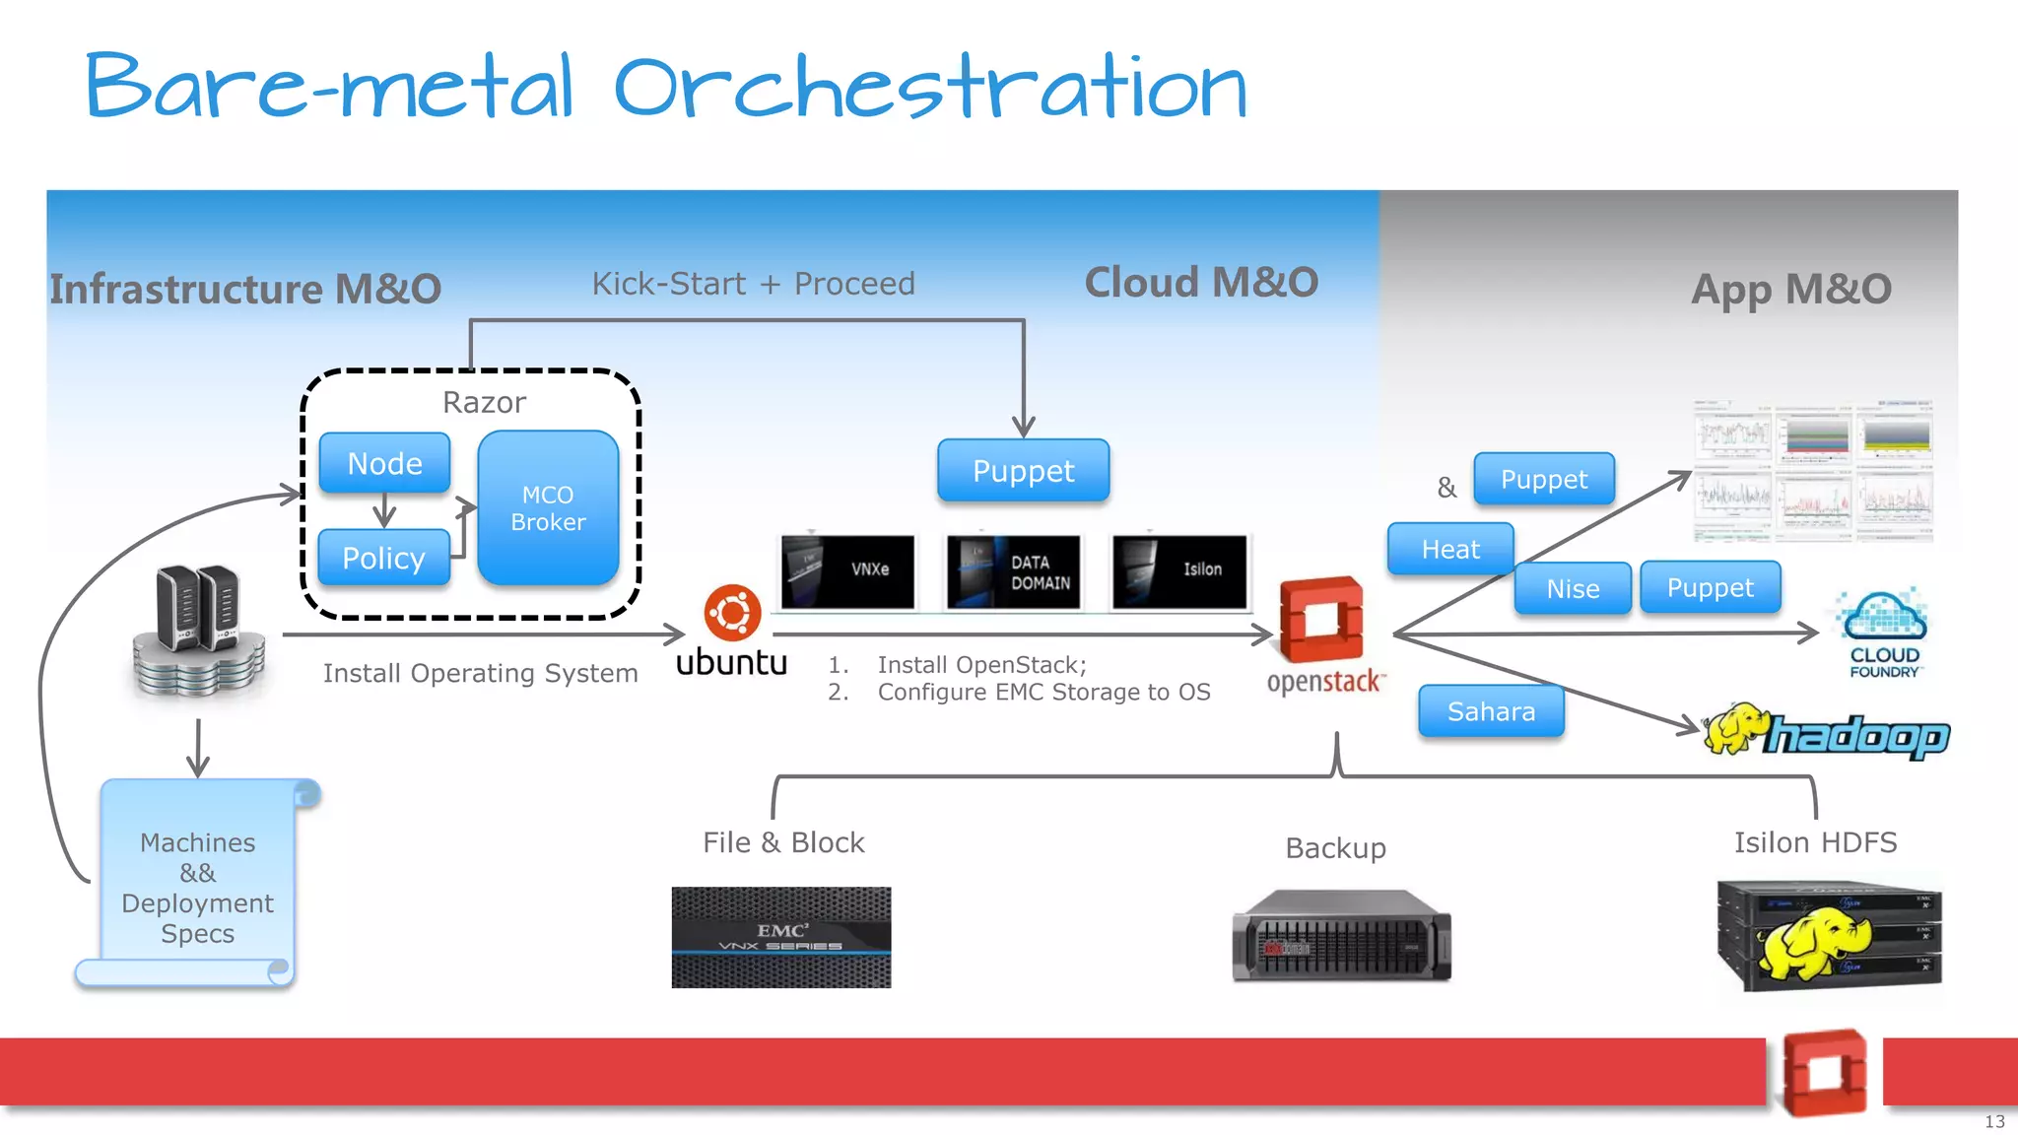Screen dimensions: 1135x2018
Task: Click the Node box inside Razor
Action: coord(384,463)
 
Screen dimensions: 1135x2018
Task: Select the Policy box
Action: coord(383,559)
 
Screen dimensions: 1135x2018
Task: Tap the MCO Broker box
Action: coord(548,508)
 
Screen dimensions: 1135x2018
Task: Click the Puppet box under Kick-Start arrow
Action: coord(1023,471)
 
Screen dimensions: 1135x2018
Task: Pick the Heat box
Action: coord(1449,549)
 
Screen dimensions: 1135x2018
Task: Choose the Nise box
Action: coord(1573,589)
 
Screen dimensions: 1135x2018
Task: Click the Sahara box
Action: coord(1491,711)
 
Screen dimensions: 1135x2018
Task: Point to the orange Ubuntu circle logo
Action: coord(732,613)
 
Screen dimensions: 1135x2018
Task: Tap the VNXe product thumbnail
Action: coord(848,571)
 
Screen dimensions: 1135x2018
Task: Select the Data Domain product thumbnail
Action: coord(1014,571)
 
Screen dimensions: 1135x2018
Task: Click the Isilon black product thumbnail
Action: coord(1179,571)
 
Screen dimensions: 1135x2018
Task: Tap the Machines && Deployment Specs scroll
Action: coord(197,886)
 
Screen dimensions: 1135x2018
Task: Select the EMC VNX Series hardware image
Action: coord(781,937)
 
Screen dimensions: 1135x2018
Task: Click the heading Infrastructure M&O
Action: coord(245,289)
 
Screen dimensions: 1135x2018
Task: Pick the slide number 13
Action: coord(1994,1121)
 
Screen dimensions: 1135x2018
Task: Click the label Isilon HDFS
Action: coord(1815,842)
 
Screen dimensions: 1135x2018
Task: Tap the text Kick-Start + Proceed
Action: coord(753,284)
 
